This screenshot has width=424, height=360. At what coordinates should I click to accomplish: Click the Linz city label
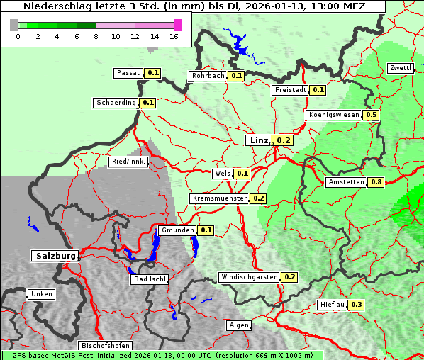pos(259,140)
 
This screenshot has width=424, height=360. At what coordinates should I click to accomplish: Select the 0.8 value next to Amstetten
pos(376,182)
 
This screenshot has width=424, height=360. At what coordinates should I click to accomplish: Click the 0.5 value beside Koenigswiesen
pos(371,115)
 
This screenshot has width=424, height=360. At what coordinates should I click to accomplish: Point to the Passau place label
pos(129,73)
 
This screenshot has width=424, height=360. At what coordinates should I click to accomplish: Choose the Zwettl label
pos(400,68)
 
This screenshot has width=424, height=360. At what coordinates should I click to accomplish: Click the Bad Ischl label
pos(150,279)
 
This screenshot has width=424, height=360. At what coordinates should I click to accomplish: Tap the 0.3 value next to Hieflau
pos(357,305)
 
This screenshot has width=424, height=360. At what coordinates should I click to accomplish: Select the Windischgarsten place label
pos(249,277)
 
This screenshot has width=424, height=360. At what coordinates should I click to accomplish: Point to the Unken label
pos(41,294)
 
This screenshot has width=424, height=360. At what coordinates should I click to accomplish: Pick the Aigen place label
pos(240,325)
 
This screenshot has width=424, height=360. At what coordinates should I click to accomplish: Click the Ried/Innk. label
pos(128,162)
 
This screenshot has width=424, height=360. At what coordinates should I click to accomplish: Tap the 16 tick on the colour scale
pos(174,37)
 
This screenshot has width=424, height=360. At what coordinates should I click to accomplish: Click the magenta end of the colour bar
pos(177,25)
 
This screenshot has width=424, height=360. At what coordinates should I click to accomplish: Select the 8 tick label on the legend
pos(96,37)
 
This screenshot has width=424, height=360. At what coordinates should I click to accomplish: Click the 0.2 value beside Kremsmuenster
pos(258,198)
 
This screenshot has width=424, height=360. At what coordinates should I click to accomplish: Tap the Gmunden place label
pos(177,230)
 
